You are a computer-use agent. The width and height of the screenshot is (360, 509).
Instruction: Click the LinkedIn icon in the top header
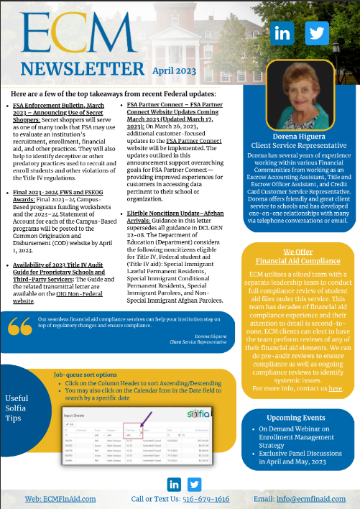282,33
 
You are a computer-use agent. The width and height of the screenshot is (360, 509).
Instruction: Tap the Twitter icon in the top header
316,33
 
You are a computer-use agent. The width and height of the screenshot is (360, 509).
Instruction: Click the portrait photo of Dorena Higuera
300,96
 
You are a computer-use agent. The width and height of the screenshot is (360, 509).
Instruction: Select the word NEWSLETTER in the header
83,69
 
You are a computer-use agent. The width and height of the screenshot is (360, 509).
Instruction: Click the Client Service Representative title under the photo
300,146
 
